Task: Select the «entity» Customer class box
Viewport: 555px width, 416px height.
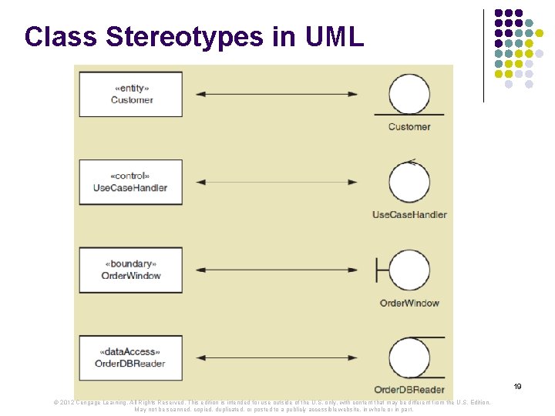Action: coord(131,94)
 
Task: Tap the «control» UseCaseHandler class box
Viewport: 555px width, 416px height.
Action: coord(131,182)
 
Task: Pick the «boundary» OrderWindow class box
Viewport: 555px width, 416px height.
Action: coord(131,270)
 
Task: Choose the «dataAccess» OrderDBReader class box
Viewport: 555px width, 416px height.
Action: coord(131,357)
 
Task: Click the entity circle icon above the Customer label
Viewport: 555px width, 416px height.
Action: coord(409,94)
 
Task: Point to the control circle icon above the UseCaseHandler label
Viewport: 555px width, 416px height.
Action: coord(409,182)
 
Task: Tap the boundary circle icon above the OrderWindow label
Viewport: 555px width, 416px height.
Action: coord(409,270)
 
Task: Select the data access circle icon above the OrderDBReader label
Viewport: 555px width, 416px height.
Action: coord(409,357)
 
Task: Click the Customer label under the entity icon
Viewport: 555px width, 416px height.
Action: coord(409,126)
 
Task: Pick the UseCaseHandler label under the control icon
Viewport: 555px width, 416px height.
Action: coord(409,214)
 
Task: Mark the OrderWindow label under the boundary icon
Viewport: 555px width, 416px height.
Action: coord(409,303)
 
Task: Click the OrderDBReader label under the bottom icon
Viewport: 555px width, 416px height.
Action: coord(409,390)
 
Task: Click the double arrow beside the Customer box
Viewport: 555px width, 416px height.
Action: coord(277,94)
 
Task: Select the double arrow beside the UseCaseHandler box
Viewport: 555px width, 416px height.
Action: coord(277,183)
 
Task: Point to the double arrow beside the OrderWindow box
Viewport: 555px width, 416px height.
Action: coord(277,270)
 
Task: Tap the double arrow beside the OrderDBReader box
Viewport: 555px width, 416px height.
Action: coord(277,357)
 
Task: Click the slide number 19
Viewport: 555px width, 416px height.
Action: coord(518,386)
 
